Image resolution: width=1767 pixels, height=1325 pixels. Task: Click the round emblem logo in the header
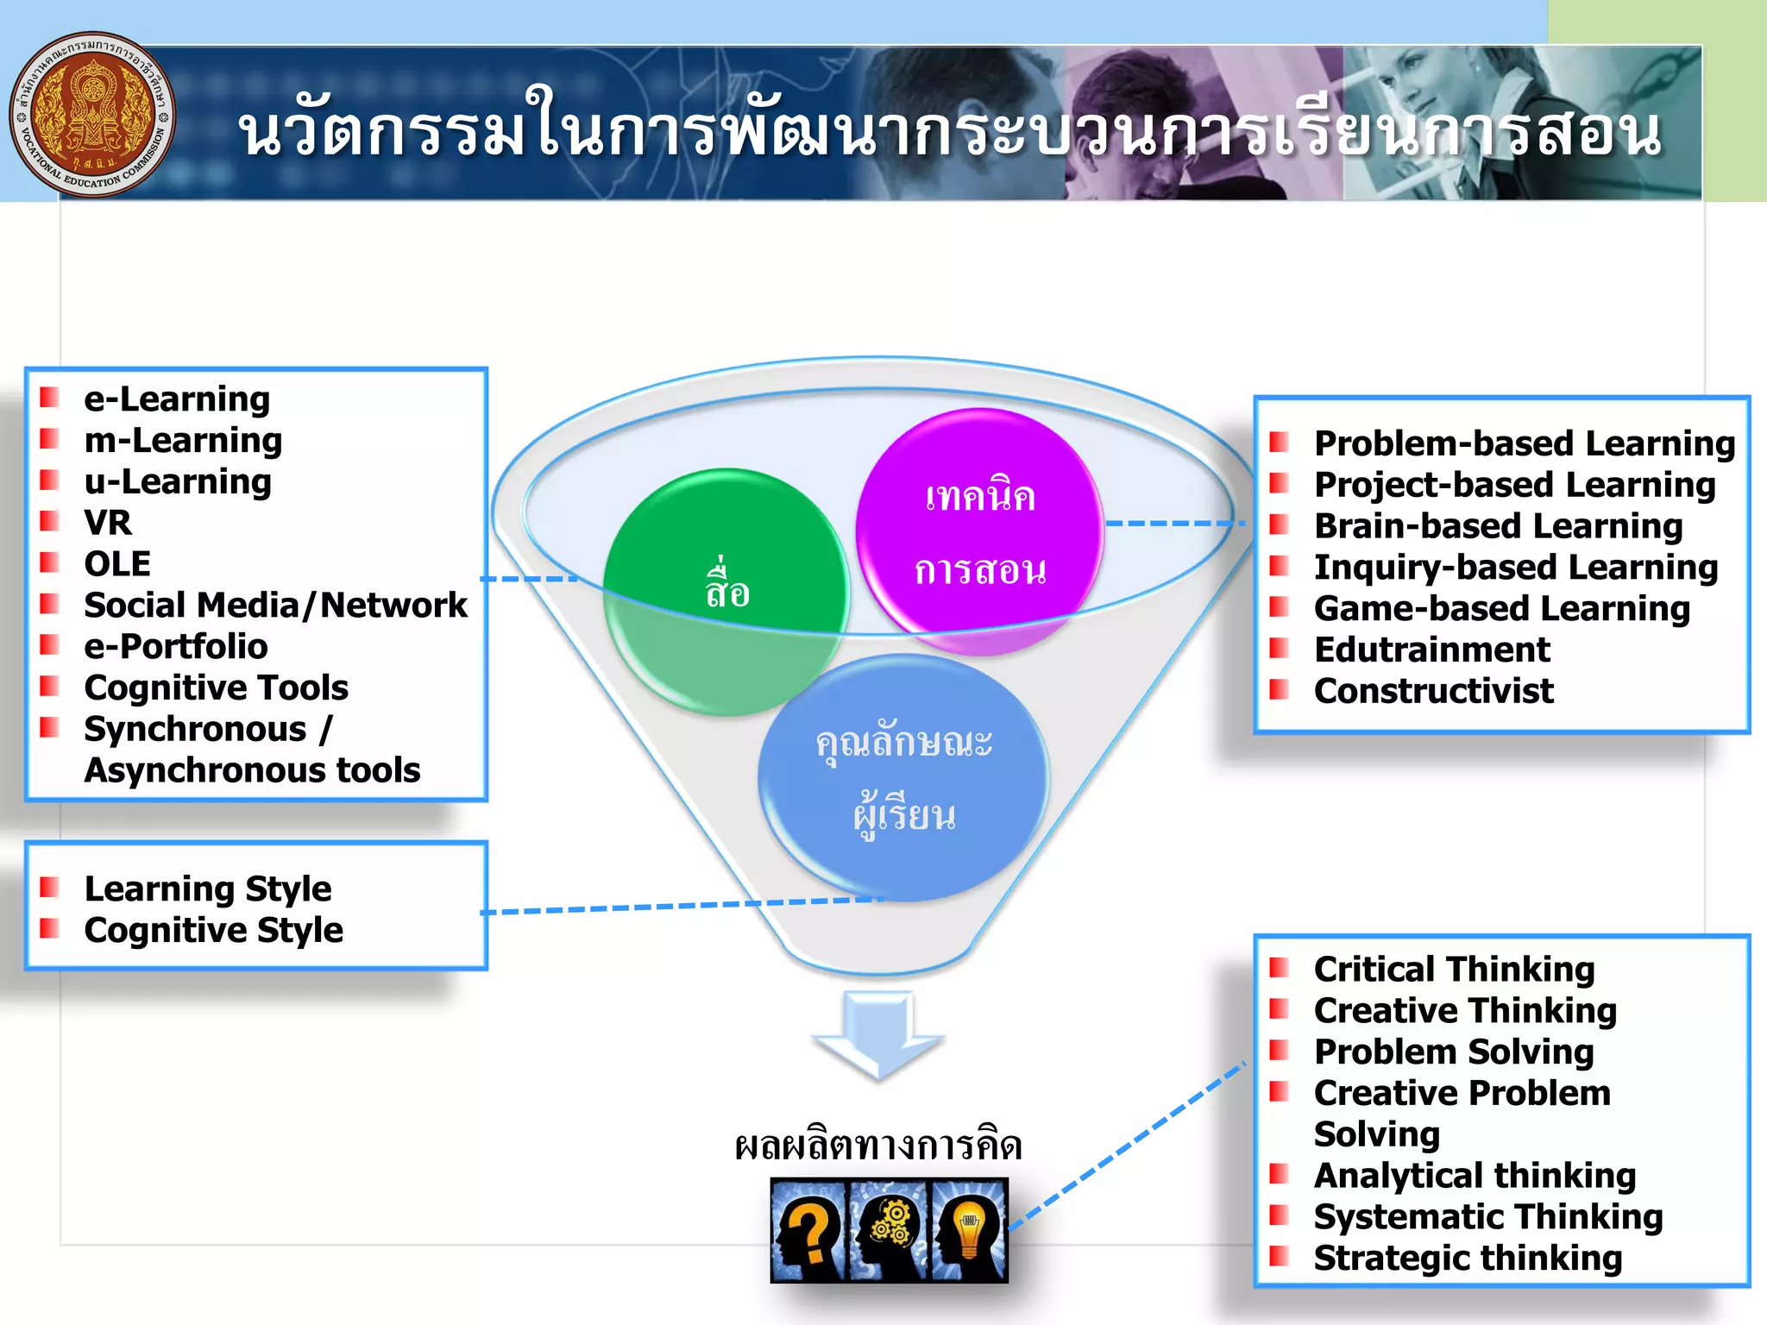tap(91, 115)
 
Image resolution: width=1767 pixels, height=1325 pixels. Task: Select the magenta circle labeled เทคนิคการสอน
tap(979, 531)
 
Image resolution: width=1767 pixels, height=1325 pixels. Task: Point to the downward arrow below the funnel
tap(878, 1035)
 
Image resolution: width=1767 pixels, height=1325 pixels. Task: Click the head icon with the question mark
tap(809, 1229)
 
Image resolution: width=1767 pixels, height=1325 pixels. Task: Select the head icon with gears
tap(889, 1229)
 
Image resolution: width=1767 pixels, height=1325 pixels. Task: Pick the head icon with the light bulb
tap(968, 1229)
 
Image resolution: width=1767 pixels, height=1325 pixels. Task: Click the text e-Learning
tap(177, 399)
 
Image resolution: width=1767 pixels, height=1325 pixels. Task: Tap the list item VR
tap(108, 523)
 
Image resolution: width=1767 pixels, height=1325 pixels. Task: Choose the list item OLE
tap(117, 564)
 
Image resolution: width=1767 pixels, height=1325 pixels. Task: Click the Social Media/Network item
tap(275, 606)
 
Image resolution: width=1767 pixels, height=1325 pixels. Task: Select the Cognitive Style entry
tap(213, 930)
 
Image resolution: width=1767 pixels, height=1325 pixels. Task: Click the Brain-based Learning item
tap(1498, 526)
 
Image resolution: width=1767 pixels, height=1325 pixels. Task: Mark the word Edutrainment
tap(1431, 650)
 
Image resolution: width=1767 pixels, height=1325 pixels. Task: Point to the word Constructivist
tap(1433, 691)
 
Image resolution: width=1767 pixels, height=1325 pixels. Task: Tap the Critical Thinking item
tap(1454, 970)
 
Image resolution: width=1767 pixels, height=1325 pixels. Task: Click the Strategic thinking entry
tap(1468, 1259)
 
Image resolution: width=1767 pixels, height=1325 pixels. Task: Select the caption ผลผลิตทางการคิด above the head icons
tap(878, 1146)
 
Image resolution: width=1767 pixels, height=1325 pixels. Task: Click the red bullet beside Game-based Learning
tap(1279, 607)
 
